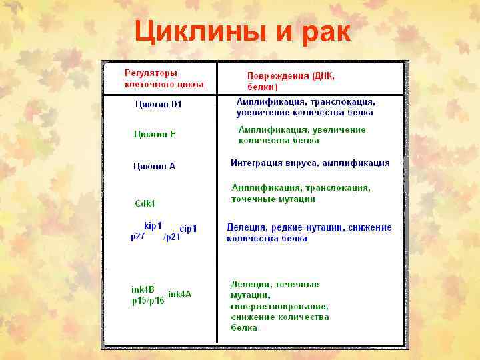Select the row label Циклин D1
click(158, 104)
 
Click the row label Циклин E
click(154, 134)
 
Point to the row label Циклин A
click(154, 166)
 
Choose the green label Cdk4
click(145, 203)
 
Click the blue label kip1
click(153, 226)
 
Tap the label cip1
click(189, 229)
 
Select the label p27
click(138, 236)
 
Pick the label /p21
click(172, 237)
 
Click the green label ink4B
click(143, 289)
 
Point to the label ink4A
click(179, 294)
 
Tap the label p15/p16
click(148, 301)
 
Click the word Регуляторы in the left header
click(151, 73)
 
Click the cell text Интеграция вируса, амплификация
click(310, 163)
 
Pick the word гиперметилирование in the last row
click(279, 306)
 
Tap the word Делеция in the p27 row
click(246, 227)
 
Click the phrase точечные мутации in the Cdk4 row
click(273, 199)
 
